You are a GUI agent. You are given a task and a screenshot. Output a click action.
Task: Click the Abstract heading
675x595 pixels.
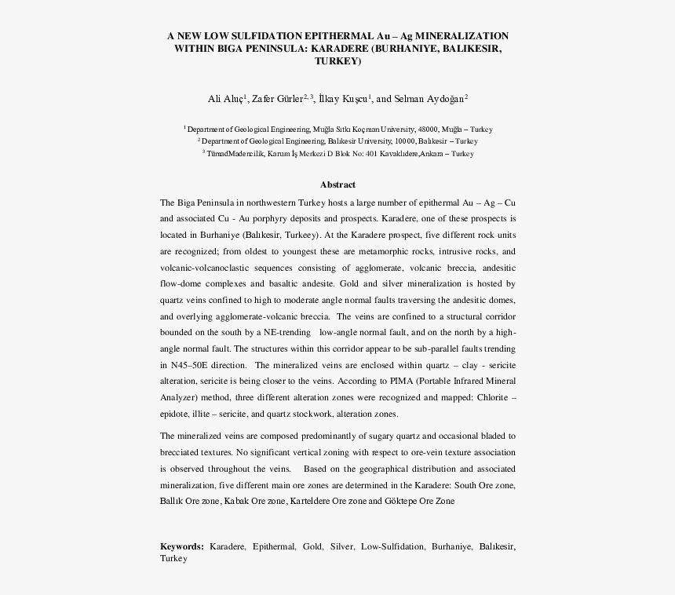(x=337, y=184)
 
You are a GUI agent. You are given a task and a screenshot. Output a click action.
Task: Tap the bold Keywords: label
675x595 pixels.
(x=182, y=546)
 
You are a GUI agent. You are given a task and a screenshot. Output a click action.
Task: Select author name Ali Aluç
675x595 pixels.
(x=226, y=99)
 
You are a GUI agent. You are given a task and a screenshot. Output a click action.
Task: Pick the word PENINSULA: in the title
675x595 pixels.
(x=274, y=48)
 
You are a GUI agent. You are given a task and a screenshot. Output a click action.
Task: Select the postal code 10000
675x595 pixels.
(x=385, y=141)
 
